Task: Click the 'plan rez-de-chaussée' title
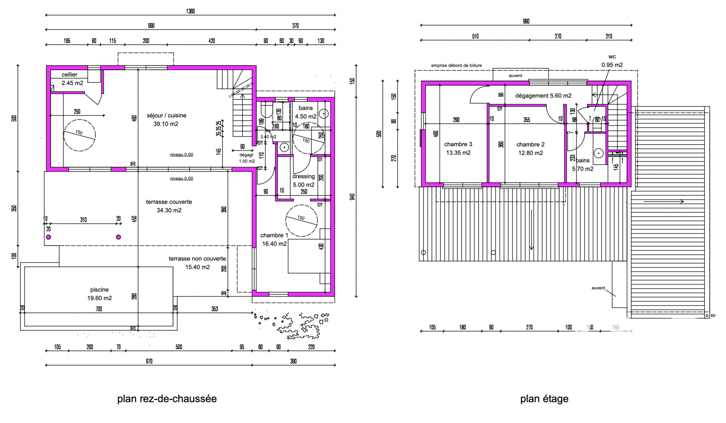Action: point(167,399)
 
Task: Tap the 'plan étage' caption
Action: point(544,399)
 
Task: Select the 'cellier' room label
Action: point(70,75)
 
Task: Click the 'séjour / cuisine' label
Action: point(166,116)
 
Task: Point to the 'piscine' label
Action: point(99,290)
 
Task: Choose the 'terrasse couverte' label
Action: point(169,202)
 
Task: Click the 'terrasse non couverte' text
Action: point(197,259)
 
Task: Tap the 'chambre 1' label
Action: point(274,235)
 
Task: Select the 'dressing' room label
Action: point(303,176)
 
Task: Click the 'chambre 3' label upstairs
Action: point(458,144)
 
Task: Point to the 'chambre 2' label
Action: point(531,144)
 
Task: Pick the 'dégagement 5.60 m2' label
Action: point(543,96)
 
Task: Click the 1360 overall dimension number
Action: point(191,11)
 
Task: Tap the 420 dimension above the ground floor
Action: point(212,41)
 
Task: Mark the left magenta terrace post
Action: point(48,237)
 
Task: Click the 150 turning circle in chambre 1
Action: point(301,221)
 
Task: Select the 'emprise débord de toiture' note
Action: point(456,65)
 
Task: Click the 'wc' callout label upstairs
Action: point(612,57)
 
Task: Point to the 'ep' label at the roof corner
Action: point(713,315)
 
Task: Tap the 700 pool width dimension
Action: point(99,309)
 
